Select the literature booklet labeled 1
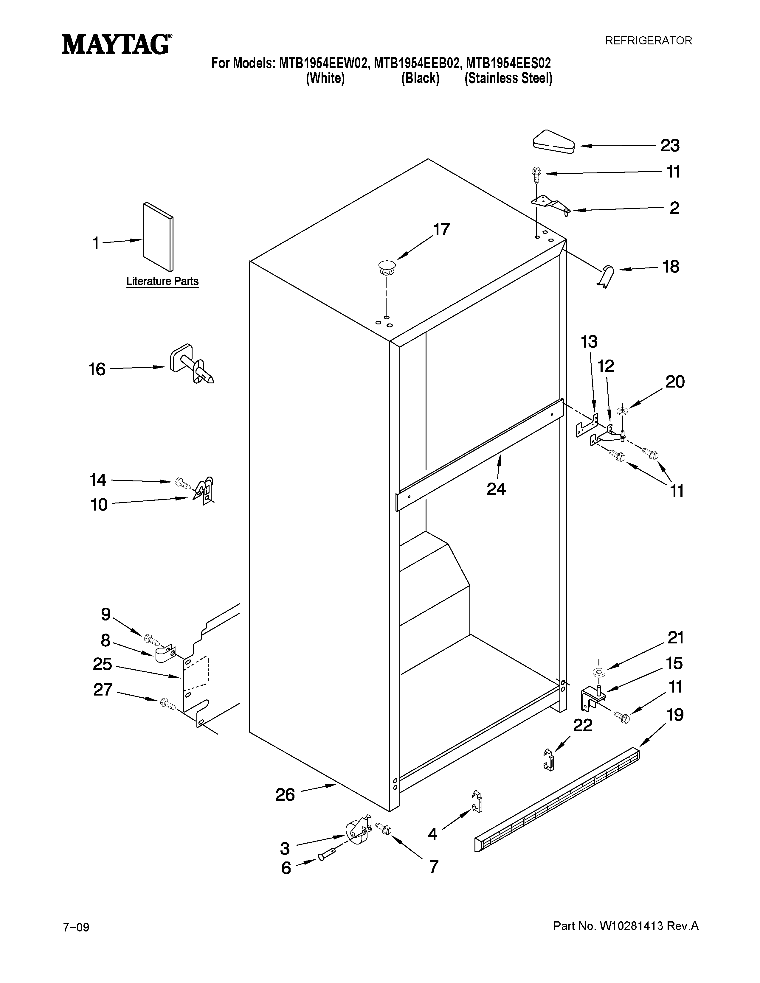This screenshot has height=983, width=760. (158, 237)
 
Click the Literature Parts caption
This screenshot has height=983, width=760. (162, 281)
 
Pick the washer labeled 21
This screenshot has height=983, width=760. (598, 672)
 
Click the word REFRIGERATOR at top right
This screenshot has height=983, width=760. (648, 41)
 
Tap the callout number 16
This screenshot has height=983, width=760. (97, 370)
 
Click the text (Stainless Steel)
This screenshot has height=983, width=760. (508, 79)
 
